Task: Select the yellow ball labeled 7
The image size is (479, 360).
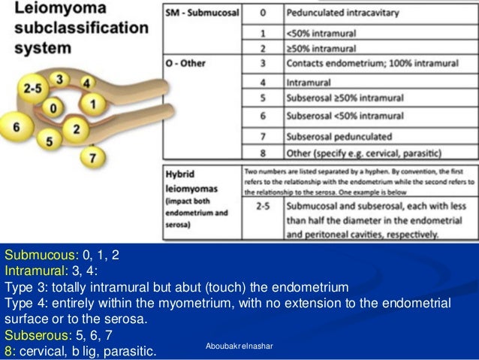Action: tap(92, 159)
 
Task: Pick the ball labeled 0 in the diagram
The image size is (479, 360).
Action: tap(53, 109)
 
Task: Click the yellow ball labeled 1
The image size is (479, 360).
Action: tap(92, 102)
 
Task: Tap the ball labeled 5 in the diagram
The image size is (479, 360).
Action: tap(49, 141)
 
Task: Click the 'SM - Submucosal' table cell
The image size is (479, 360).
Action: tap(197, 14)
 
